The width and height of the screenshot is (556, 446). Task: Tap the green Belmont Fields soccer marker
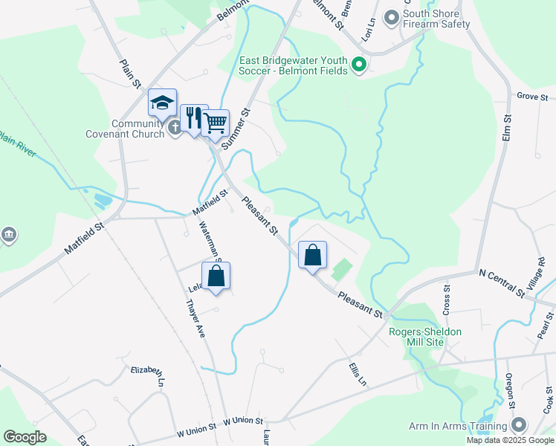(x=360, y=65)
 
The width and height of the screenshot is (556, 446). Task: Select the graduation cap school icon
(x=162, y=103)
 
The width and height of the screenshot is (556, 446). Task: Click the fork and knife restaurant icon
(x=193, y=117)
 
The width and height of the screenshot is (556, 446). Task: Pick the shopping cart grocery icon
(x=216, y=123)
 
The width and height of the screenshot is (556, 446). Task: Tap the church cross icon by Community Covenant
(x=175, y=128)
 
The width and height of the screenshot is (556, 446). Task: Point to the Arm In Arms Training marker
(x=518, y=425)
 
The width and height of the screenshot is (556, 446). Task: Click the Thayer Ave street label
(x=195, y=319)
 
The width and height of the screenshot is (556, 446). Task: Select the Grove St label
(x=531, y=97)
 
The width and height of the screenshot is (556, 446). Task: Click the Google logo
(x=25, y=437)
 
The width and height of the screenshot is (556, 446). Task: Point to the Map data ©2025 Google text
(x=508, y=440)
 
